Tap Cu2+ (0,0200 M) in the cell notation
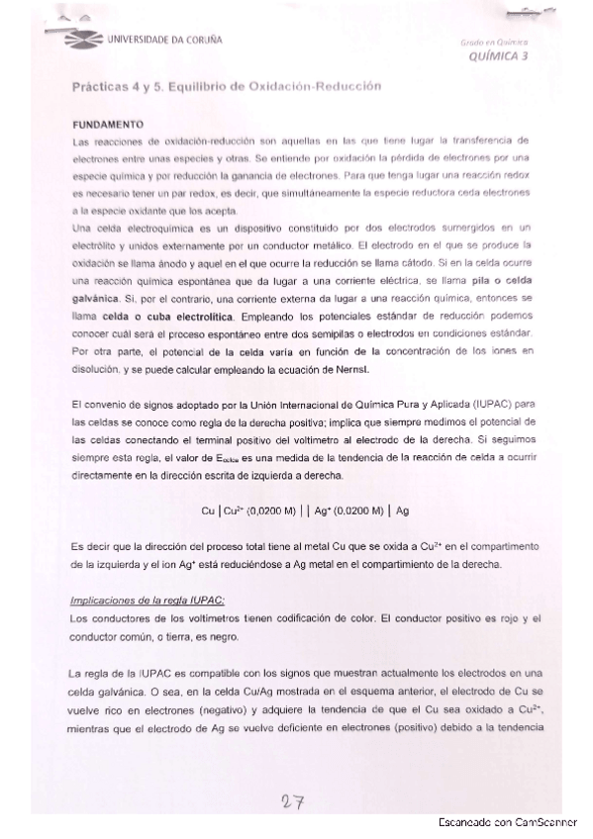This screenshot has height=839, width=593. pyautogui.click(x=252, y=511)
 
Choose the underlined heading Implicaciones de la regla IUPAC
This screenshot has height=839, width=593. pyautogui.click(x=148, y=601)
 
